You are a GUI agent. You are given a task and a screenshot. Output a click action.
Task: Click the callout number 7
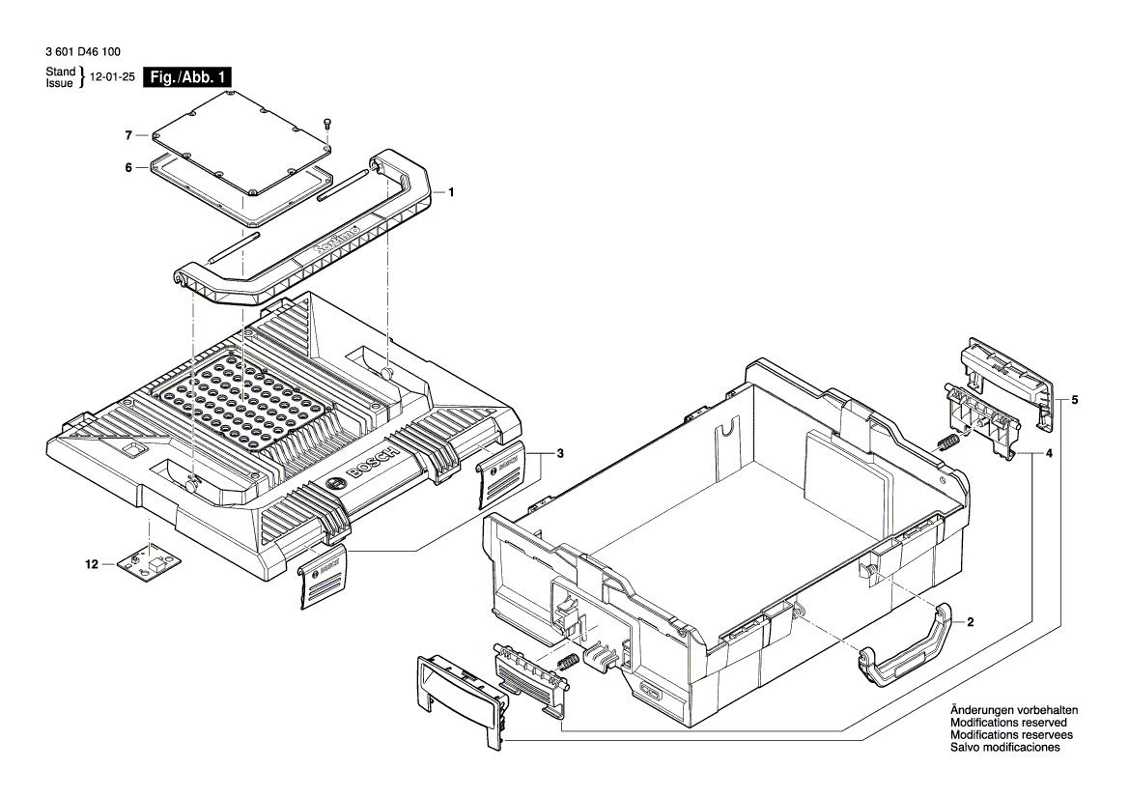(127, 134)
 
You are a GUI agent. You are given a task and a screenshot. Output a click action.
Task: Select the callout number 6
(127, 167)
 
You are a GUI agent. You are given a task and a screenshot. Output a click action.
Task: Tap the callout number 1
(450, 192)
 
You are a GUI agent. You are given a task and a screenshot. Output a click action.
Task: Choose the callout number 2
(970, 623)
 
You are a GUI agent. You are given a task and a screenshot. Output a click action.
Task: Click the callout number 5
(1075, 400)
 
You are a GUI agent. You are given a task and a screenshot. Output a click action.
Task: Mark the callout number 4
(1049, 452)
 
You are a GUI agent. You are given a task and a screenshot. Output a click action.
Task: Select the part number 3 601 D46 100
(83, 52)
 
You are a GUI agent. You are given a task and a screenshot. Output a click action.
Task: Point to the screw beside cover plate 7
(327, 122)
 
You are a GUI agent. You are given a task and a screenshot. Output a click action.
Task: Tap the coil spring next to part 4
(947, 443)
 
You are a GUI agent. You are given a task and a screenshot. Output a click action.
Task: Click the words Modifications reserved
(1008, 723)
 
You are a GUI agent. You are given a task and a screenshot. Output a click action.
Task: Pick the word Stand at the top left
(60, 72)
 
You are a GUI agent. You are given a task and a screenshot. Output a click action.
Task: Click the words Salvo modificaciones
(1005, 748)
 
